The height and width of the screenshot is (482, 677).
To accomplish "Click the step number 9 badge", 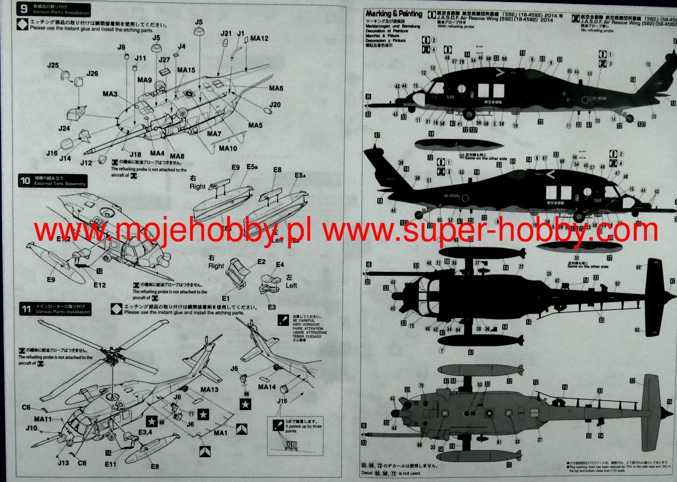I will tap(24, 9).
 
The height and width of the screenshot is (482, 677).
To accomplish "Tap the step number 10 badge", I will tap(25, 181).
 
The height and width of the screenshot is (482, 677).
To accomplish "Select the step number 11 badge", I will tap(26, 310).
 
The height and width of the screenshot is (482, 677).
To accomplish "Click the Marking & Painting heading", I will tap(394, 14).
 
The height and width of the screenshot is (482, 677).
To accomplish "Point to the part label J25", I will tap(53, 65).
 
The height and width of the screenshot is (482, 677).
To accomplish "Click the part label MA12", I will tap(259, 38).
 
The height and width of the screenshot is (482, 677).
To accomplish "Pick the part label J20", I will tap(275, 105).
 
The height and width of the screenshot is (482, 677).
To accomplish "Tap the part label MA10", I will tap(228, 148).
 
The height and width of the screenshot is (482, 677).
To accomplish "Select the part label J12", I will tap(86, 162).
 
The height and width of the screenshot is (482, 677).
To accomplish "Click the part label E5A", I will tap(300, 175).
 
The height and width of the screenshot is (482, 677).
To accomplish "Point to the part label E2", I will tap(261, 262).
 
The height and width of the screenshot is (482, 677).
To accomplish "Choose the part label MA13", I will tap(209, 390).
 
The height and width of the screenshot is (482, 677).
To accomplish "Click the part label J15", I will tap(282, 401).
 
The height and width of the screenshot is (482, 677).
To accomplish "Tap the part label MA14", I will tap(266, 387).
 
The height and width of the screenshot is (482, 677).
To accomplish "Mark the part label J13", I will tap(63, 463).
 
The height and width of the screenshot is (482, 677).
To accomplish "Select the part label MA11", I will tap(43, 419).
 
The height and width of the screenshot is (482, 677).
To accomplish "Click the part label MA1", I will tap(220, 433).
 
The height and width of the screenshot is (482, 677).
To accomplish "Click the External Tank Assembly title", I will tap(60, 184).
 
